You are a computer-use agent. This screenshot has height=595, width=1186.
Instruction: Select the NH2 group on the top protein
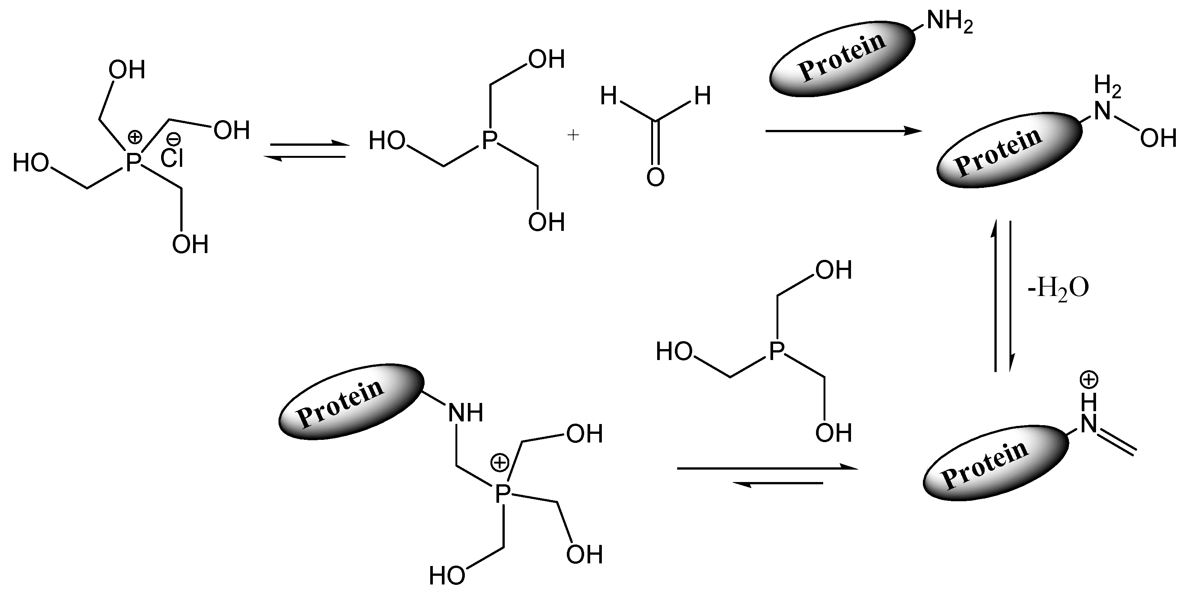click(x=949, y=22)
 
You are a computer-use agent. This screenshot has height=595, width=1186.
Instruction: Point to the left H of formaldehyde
click(x=609, y=97)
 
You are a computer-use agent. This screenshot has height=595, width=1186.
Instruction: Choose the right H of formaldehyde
click(x=703, y=97)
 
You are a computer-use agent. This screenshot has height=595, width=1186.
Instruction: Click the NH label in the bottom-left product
click(x=466, y=413)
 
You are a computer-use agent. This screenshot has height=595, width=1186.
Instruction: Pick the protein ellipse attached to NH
click(x=351, y=402)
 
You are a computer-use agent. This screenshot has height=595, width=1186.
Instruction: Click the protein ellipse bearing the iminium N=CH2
click(x=994, y=462)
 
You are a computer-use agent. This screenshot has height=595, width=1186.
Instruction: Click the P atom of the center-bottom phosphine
click(x=777, y=351)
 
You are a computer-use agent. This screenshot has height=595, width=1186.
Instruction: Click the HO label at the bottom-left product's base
click(x=447, y=575)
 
